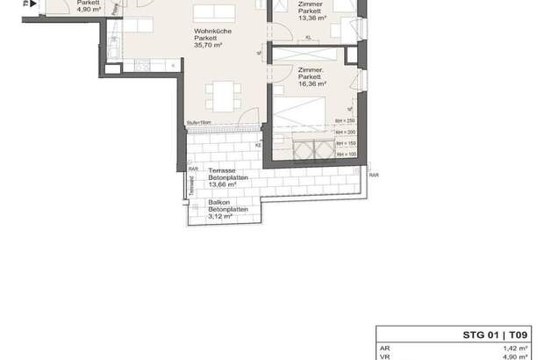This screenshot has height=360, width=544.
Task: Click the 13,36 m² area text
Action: [x=311, y=18]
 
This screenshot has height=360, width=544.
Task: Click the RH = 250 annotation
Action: [x=343, y=120]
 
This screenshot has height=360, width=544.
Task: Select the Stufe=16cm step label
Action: [x=198, y=123]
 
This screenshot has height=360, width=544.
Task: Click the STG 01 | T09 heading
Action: [x=495, y=335]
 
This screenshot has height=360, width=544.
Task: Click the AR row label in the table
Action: [x=383, y=348]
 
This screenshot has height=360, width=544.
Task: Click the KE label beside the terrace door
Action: [x=258, y=146]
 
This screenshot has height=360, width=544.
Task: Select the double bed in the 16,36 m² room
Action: [x=304, y=132]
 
